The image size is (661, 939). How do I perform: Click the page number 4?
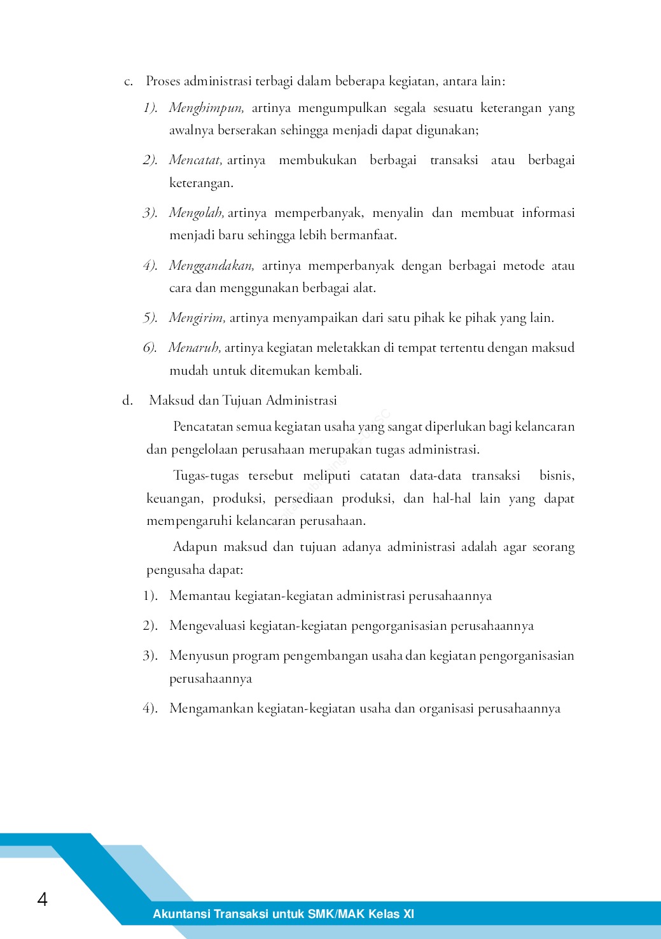click(43, 899)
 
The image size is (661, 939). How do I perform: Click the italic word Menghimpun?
click(206, 108)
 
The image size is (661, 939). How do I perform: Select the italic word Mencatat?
click(195, 160)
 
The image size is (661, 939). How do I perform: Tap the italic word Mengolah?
click(196, 213)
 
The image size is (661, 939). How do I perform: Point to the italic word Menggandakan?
click(211, 266)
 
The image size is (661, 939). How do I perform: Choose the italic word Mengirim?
click(197, 318)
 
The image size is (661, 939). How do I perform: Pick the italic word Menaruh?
click(194, 348)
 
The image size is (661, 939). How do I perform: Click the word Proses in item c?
click(163, 81)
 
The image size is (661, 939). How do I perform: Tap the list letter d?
click(127, 401)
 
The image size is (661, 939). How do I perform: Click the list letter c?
click(128, 82)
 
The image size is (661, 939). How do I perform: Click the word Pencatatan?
click(203, 427)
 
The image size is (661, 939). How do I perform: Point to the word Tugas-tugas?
click(206, 476)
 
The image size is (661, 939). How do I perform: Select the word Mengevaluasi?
click(207, 626)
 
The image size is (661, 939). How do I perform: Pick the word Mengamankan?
click(211, 709)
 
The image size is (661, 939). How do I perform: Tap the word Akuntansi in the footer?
click(181, 914)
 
